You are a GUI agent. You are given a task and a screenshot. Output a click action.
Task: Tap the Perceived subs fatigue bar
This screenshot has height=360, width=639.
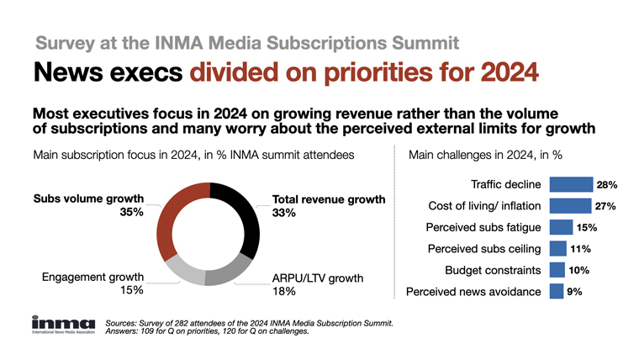click(x=561, y=227)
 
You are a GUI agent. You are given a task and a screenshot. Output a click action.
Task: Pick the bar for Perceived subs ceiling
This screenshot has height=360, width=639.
click(x=557, y=249)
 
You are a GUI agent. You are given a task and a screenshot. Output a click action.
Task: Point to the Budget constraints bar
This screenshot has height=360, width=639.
click(x=557, y=270)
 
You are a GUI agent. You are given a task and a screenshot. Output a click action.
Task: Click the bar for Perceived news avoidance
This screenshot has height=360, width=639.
click(x=556, y=292)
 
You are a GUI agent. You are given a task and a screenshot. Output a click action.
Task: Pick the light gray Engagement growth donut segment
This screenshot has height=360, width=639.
click(x=182, y=267)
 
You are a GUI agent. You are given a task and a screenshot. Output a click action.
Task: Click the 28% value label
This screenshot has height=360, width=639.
click(x=608, y=184)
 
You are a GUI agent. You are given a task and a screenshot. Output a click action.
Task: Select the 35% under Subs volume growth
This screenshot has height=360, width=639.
click(x=130, y=213)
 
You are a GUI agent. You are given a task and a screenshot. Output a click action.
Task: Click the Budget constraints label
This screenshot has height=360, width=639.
click(x=492, y=271)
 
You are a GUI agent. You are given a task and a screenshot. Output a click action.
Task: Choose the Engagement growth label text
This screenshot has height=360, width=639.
click(x=88, y=276)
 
